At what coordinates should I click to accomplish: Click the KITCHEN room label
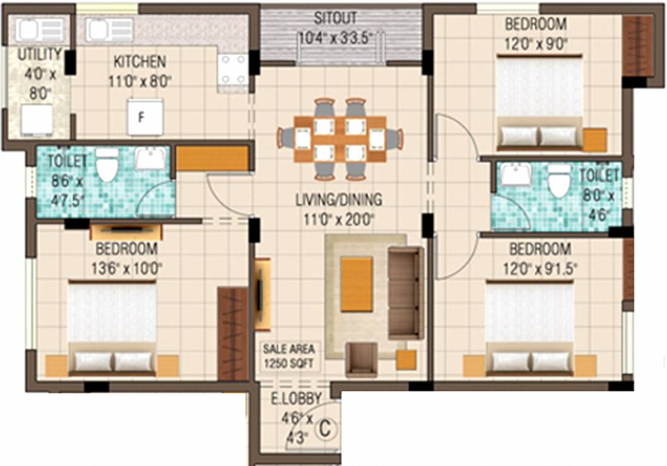tap(139, 61)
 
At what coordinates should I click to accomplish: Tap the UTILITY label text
tap(39, 54)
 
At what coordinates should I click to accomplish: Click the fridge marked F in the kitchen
tap(145, 117)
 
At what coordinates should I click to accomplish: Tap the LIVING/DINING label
tap(338, 199)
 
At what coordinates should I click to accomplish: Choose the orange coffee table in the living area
tap(357, 284)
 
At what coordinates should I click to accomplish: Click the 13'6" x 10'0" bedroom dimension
tap(126, 267)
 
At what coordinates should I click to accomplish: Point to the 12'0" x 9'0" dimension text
tap(535, 44)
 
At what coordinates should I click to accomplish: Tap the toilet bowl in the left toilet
tap(107, 165)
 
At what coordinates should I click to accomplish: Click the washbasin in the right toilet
tap(516, 175)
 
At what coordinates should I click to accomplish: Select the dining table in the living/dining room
tap(340, 139)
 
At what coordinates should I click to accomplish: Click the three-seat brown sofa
tap(405, 292)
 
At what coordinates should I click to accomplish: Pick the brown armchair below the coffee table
tap(361, 360)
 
